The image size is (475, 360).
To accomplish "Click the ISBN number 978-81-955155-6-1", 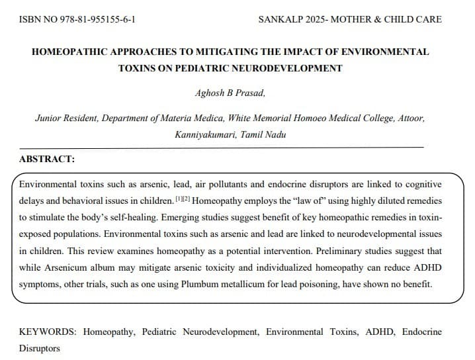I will (99, 19).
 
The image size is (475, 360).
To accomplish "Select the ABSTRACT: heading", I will (47, 159).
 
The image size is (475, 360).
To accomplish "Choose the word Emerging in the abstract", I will (211, 216).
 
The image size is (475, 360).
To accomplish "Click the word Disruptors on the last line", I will (39, 349).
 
